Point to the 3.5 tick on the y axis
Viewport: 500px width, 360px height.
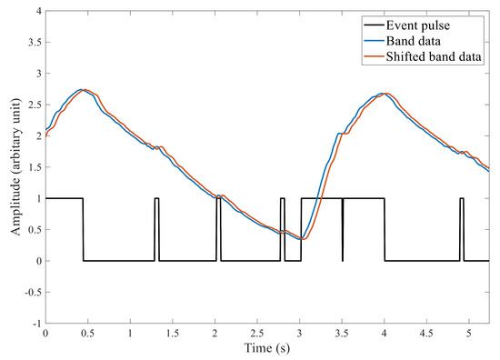(x=32, y=43)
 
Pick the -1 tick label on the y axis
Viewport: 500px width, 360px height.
(x=35, y=323)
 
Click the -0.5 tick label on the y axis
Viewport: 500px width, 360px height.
(x=30, y=292)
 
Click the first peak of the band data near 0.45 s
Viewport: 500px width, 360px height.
(x=82, y=90)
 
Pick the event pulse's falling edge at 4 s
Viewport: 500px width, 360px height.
(x=385, y=229)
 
